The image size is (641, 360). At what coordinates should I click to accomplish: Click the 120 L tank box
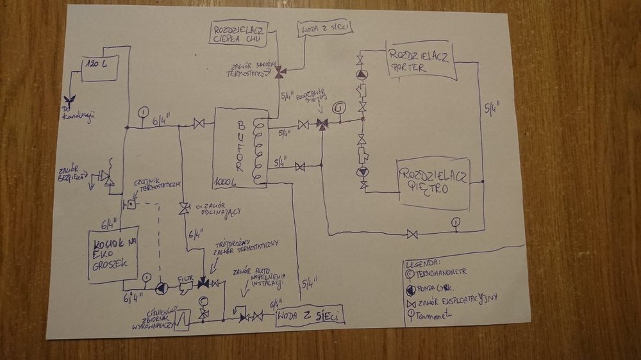pos(99,69)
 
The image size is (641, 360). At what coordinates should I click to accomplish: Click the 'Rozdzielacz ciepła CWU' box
pos(240,33)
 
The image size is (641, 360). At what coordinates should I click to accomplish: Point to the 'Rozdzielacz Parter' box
pos(420,61)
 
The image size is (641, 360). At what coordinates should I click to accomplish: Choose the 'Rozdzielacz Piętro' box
pos(434,183)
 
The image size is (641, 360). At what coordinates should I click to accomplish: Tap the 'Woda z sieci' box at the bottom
pos(310,315)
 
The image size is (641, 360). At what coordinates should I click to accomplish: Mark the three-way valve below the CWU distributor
pos(279,74)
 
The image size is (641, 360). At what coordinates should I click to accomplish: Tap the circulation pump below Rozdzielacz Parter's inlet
pos(362,74)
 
